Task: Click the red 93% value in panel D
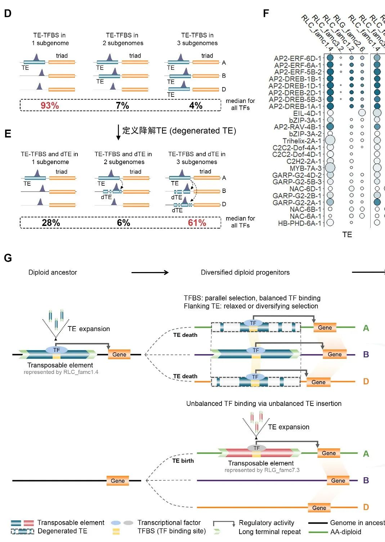50,105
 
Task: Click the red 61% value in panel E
197,223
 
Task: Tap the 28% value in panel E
51,223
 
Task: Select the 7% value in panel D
122,105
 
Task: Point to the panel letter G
8,258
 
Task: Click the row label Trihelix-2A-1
302,141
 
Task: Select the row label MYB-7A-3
305,168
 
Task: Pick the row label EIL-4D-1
307,113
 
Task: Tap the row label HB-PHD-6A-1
300,223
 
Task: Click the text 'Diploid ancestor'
53,272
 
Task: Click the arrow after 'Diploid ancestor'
150,272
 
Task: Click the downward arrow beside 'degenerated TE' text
118,132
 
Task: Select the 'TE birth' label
183,461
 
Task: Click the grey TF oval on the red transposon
256,448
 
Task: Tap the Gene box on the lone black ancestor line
118,481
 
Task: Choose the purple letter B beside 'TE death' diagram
366,354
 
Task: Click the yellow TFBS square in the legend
116,531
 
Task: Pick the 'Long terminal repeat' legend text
270,532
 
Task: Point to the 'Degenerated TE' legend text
62,531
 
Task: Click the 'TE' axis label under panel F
347,235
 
